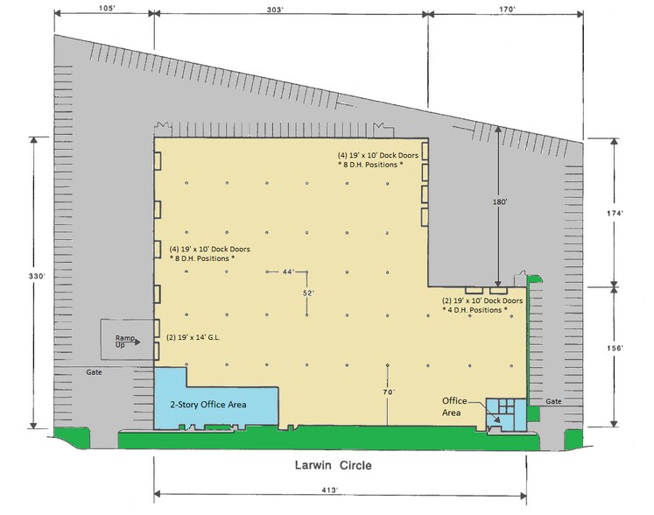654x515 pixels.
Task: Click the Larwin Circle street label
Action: click(x=332, y=465)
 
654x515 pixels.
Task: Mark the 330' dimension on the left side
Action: click(x=33, y=275)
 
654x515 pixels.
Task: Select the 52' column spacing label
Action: click(x=308, y=293)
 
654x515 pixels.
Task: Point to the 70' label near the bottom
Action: click(x=389, y=393)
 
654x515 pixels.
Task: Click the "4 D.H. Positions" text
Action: click(x=476, y=310)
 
